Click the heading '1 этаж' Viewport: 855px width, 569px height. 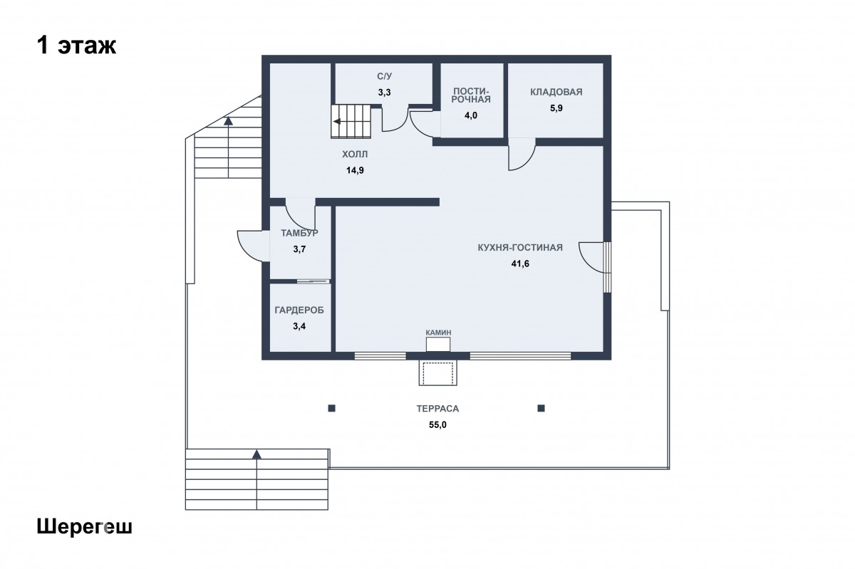tap(76, 46)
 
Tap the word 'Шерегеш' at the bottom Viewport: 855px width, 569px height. tap(84, 527)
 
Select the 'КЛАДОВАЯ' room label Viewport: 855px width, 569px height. tap(556, 92)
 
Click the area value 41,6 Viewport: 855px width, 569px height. tap(520, 263)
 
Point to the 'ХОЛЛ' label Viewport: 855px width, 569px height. tap(355, 154)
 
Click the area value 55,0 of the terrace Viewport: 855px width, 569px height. tap(437, 424)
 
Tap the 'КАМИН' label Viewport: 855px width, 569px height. tap(438, 333)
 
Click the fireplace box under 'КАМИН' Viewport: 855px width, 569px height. tap(438, 345)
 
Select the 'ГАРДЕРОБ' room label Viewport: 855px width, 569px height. tap(299, 310)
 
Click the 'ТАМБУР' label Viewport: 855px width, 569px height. tap(300, 233)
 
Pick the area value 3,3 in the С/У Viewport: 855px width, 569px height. tap(384, 93)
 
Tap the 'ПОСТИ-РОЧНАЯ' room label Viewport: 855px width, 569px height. tap(471, 95)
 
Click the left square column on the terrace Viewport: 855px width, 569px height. tap(332, 408)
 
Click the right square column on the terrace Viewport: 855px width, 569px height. tap(541, 408)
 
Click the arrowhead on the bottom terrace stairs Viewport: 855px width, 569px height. tap(256, 454)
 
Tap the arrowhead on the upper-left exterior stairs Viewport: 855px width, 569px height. tap(228, 121)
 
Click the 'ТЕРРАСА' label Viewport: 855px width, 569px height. tap(437, 409)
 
